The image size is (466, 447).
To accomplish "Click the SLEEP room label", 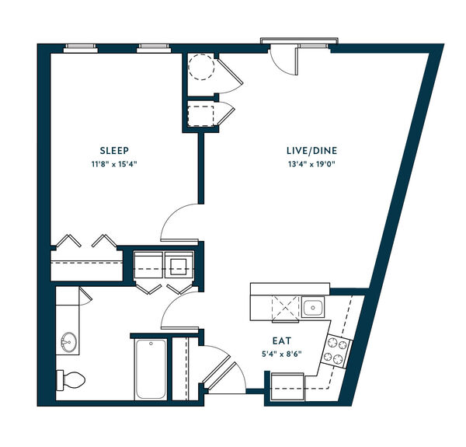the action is click(114, 151).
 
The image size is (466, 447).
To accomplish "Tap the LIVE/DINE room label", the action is click(311, 151).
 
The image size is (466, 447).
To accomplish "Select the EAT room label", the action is click(282, 340).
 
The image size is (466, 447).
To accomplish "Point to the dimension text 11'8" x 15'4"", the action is click(114, 164).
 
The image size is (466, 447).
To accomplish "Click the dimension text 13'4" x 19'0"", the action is click(311, 164).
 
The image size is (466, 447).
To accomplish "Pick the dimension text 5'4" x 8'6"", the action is click(282, 354).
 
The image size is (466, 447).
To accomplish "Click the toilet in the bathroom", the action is click(71, 380).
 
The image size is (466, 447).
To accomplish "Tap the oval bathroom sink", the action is click(68, 342).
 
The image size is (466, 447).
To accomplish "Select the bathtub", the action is click(151, 369).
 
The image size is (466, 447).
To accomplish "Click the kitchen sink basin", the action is click(313, 307).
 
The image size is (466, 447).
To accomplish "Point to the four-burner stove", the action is click(336, 351).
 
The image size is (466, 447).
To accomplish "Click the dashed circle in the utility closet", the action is click(201, 67).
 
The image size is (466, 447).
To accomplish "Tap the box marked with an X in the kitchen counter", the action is click(285, 308).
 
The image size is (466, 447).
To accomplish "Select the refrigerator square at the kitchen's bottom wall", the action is click(287, 386).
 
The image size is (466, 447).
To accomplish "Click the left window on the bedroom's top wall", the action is click(81, 48).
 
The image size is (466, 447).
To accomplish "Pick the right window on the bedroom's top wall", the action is click(154, 48).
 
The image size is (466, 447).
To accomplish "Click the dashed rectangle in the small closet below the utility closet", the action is click(200, 116).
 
